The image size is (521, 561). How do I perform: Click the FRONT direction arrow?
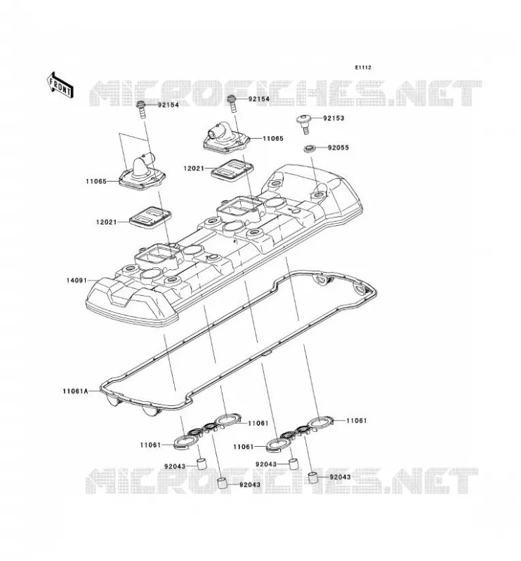point(60,85)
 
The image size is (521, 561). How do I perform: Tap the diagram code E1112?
point(363,67)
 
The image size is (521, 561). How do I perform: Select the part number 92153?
point(334,118)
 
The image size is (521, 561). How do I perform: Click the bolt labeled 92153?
point(305,124)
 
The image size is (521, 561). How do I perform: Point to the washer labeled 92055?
point(309,148)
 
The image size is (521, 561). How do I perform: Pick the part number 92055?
point(338,148)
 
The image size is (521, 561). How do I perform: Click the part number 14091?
point(77,280)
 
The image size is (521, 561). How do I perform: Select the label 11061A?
point(75,391)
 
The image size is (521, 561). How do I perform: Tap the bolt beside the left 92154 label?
point(141,110)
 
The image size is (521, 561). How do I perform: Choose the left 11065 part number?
point(96,182)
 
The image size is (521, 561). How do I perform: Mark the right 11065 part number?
point(273,138)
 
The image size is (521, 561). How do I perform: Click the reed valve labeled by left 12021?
point(150,217)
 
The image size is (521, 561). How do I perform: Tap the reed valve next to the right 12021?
point(232,169)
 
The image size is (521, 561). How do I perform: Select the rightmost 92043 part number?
point(341,477)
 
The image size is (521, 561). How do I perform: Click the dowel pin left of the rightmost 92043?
point(314,478)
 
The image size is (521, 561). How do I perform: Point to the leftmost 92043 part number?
point(175,466)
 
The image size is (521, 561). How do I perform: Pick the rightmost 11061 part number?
point(357,421)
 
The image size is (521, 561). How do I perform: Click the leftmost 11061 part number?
point(150,445)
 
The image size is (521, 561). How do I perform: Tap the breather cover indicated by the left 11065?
point(144,173)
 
